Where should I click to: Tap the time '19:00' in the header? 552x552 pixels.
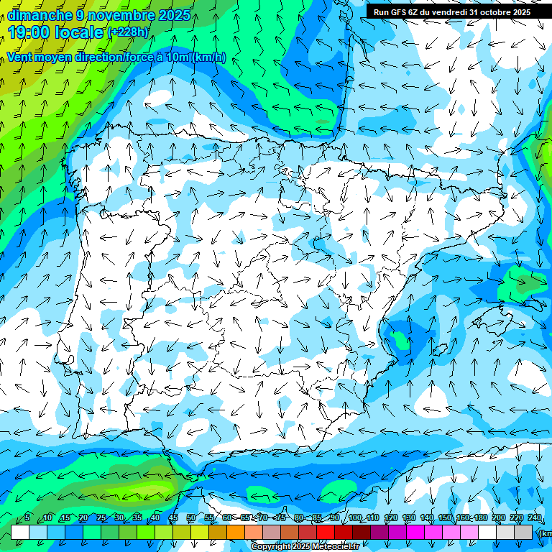[x=29, y=32]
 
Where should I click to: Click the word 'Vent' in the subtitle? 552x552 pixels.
[x=20, y=57]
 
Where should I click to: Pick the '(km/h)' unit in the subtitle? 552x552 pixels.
[x=208, y=57]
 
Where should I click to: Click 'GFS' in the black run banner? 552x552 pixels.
[x=395, y=11]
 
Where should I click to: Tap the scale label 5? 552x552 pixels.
[x=27, y=518]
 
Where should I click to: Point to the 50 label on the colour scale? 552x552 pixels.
[x=191, y=518]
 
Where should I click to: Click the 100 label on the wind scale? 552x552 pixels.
[x=355, y=518]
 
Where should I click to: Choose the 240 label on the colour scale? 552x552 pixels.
[x=535, y=518]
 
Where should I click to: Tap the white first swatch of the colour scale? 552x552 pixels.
[x=20, y=532]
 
